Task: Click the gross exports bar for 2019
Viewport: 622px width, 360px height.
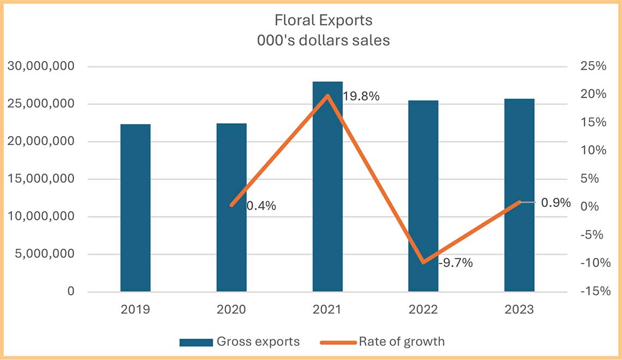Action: [x=135, y=208]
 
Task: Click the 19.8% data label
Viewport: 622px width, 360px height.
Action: [x=361, y=97]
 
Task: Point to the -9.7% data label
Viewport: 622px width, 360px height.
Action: [x=455, y=263]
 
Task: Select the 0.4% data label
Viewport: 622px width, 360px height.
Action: [x=261, y=206]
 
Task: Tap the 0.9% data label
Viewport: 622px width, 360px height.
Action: [x=555, y=202]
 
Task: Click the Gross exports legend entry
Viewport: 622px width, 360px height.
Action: [x=240, y=342]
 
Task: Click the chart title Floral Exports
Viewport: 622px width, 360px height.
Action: [x=324, y=21]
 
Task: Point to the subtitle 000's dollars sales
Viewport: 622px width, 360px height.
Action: [x=324, y=40]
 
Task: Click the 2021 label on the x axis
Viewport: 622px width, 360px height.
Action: [x=327, y=309]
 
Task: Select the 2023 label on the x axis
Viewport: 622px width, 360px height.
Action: [x=519, y=309]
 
